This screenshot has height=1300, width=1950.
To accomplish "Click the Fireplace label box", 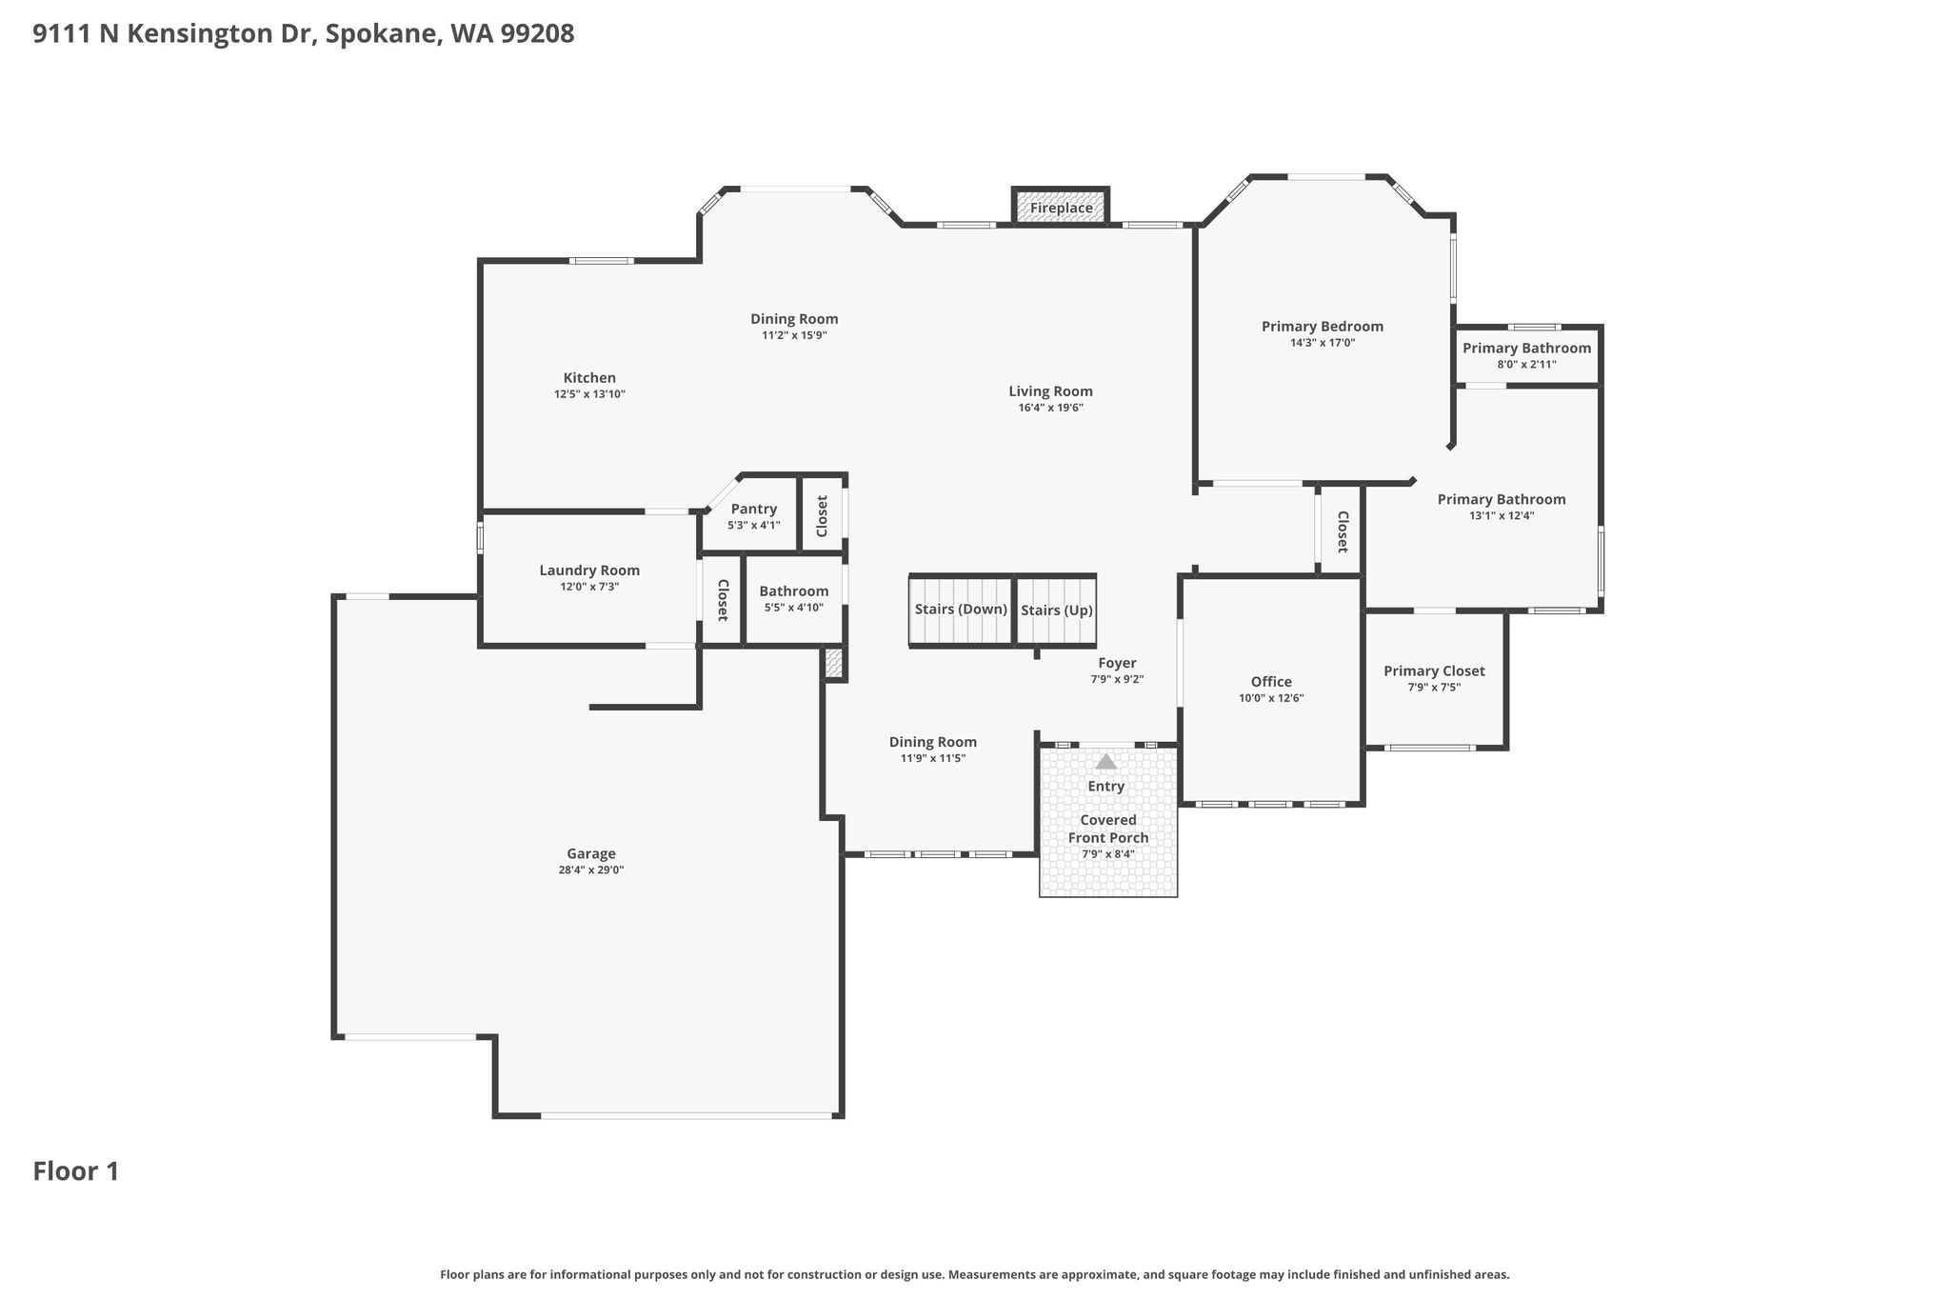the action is coord(1061,208).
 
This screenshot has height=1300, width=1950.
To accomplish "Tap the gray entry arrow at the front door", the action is coord(1105,761).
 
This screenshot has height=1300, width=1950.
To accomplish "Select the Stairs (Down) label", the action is coord(961,610).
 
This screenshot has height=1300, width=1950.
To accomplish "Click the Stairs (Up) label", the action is coord(1057,610).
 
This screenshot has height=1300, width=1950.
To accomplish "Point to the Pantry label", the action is coord(754,510).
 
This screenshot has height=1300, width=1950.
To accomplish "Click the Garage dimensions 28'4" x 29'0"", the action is coord(591,870).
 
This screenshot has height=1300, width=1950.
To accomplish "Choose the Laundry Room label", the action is coord(589,570).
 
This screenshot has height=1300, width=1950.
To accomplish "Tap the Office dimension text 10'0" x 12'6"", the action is coord(1271,698).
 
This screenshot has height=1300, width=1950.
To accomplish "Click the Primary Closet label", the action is coord(1434,671).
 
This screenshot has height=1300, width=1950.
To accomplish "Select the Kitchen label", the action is coord(589,378).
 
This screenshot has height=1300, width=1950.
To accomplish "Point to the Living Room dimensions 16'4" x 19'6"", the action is coord(1051,408).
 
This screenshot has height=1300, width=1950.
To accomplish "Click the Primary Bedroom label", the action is coord(1323,327).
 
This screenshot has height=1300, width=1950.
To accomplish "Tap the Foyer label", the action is coord(1117,663).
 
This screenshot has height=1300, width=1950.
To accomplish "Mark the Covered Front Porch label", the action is coord(1108,829).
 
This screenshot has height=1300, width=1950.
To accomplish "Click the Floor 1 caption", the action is coord(76,1171).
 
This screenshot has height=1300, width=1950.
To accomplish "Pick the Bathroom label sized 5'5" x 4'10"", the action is coord(794,591).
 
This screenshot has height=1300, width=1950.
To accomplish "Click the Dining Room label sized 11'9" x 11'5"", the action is coord(933,742).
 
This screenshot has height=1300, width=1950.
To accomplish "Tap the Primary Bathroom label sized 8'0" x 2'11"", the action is coord(1527,349).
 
